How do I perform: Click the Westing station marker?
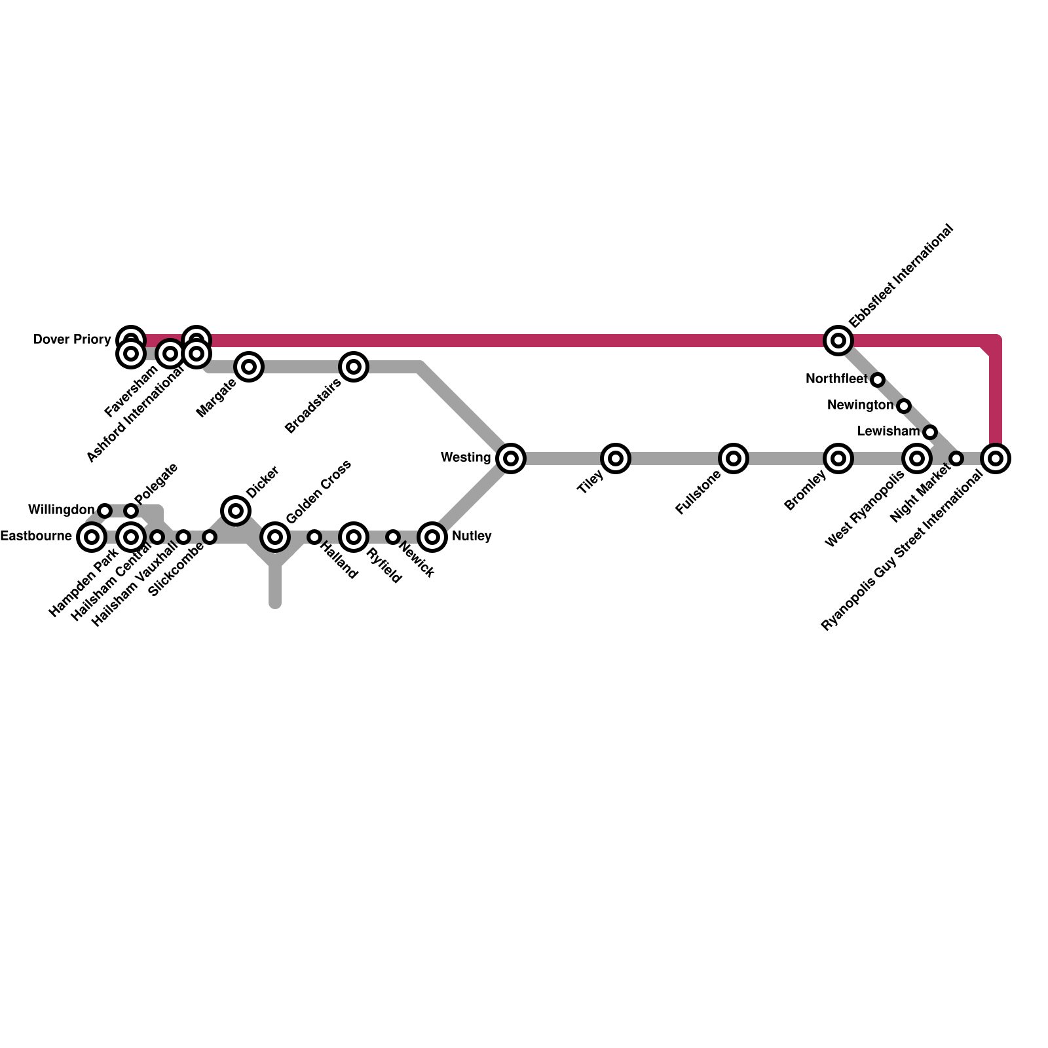(x=511, y=458)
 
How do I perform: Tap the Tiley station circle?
(x=616, y=458)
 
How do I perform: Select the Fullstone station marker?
(x=734, y=458)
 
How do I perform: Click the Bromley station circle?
(x=838, y=458)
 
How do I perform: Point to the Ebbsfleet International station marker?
(x=838, y=341)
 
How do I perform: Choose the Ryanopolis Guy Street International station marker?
(x=996, y=458)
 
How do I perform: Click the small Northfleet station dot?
(x=878, y=380)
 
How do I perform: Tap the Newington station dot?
(x=904, y=406)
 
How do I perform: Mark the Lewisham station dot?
(x=930, y=432)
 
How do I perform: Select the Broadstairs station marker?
(x=354, y=367)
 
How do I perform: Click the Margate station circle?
(x=249, y=367)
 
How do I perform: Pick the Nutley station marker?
(x=432, y=537)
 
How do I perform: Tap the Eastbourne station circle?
(x=92, y=537)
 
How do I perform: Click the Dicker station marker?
(x=236, y=511)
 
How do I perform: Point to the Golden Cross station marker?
(x=275, y=537)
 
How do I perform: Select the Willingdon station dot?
(x=105, y=511)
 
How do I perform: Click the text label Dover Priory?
(x=72, y=340)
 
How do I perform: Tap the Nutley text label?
(x=472, y=536)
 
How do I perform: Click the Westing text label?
(x=466, y=458)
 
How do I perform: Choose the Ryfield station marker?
(x=354, y=537)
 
